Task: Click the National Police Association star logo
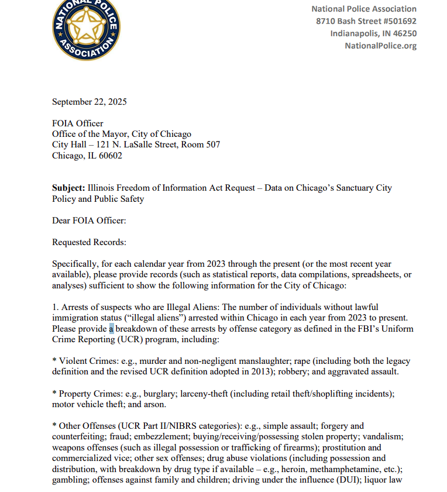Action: tap(85, 28)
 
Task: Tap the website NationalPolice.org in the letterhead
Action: tap(380, 46)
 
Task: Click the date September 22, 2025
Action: tap(89, 102)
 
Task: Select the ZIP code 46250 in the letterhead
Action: tap(404, 33)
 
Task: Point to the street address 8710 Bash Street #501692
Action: tap(366, 21)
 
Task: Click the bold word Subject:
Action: tap(68, 188)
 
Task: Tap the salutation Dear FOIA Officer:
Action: tap(89, 221)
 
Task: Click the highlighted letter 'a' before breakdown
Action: tap(111, 328)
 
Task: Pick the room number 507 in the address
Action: tap(213, 144)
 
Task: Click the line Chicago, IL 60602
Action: tap(87, 156)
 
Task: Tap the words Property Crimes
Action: tap(90, 394)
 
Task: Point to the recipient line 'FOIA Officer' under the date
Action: tap(77, 123)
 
